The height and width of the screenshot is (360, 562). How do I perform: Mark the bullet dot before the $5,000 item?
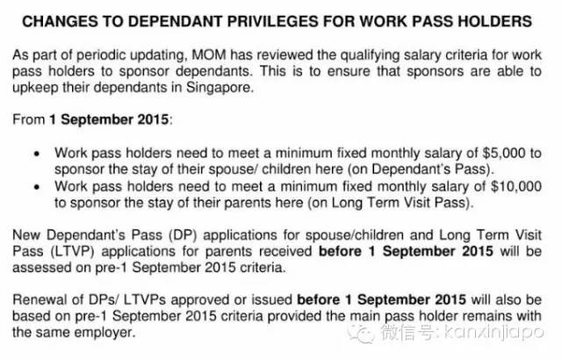35,152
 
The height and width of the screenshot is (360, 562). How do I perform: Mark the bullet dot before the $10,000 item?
35,187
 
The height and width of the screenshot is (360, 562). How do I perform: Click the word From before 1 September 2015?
27,119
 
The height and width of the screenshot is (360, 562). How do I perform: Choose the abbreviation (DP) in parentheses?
160,234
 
